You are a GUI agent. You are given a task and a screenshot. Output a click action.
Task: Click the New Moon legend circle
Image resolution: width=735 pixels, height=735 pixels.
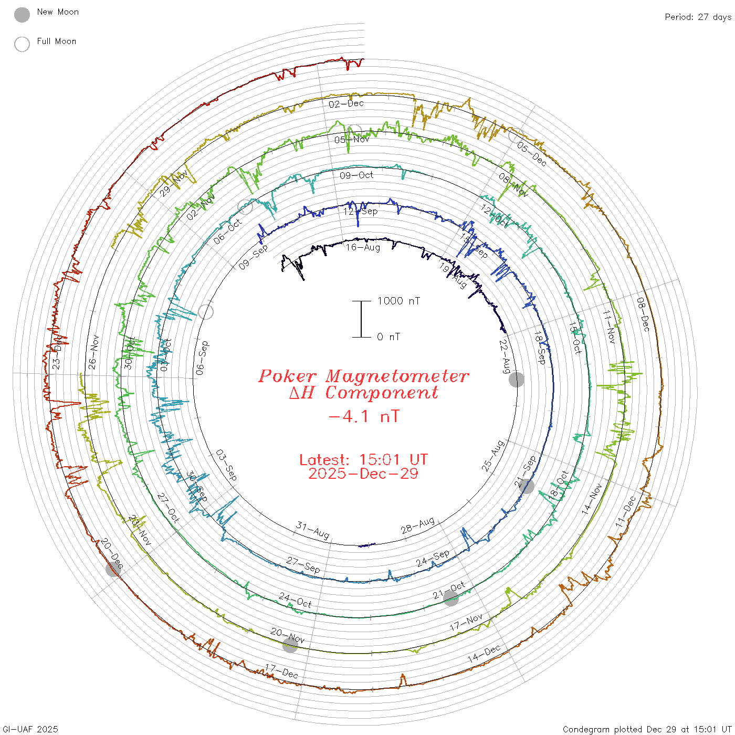(x=22, y=15)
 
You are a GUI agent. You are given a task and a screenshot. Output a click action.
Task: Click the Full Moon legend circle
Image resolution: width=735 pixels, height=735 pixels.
(x=22, y=44)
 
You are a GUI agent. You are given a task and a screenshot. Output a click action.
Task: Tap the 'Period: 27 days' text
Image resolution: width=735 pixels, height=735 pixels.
(x=698, y=17)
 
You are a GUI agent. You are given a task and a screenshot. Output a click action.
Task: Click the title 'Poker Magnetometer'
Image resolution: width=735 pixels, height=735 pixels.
(x=363, y=376)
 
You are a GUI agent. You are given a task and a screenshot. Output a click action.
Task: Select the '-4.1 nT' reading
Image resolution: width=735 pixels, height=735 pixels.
(x=363, y=416)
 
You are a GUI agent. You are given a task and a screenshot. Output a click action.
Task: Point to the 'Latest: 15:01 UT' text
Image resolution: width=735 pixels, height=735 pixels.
(x=363, y=460)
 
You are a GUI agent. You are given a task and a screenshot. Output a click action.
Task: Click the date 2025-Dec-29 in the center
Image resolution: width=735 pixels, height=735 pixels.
(x=363, y=474)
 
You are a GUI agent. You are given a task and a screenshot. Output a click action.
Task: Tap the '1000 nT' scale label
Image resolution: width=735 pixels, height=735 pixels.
(x=398, y=301)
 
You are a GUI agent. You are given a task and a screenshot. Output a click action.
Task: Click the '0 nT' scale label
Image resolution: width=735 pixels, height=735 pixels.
(x=388, y=337)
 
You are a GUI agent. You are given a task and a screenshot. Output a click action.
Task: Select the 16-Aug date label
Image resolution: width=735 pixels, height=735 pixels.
(x=363, y=247)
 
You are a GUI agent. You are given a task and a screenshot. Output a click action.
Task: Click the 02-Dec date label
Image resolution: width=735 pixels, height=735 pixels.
(x=346, y=103)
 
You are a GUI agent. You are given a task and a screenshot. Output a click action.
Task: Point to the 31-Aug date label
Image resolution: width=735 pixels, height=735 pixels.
(x=313, y=530)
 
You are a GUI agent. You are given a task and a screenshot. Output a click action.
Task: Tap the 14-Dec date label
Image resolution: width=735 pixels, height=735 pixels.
(x=484, y=654)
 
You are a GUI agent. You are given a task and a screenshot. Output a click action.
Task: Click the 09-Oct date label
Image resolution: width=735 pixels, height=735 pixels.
(x=356, y=175)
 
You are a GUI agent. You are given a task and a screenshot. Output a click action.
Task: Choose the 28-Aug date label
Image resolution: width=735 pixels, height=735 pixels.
(x=418, y=525)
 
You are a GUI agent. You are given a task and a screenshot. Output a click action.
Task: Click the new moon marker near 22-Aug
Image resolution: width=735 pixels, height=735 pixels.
(x=517, y=379)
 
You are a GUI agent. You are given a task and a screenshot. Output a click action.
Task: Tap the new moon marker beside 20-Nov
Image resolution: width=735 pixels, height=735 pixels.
(x=290, y=645)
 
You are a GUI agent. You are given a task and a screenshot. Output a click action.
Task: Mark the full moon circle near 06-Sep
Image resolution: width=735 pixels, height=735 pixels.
(x=206, y=312)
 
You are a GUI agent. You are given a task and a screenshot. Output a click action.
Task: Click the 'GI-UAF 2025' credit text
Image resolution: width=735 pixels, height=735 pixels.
(x=29, y=729)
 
